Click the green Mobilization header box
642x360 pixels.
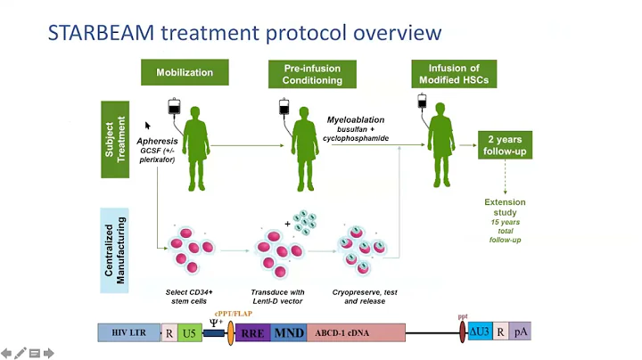click(185, 73)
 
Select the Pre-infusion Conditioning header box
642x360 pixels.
click(312, 73)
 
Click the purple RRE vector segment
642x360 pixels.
click(251, 334)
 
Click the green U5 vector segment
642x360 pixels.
click(189, 333)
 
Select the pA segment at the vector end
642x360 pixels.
click(520, 333)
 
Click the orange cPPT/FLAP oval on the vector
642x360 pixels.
click(230, 333)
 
